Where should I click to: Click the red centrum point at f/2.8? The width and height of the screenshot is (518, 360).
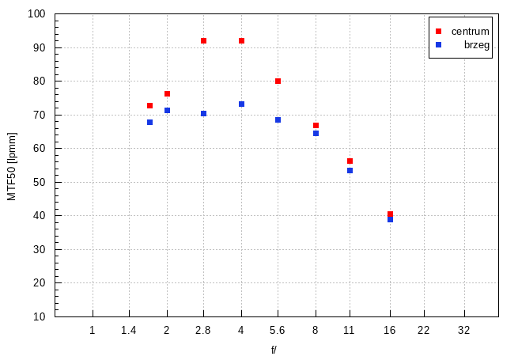coord(203,40)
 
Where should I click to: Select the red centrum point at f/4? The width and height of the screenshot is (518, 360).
coord(241,40)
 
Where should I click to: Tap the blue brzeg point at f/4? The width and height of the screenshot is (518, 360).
coord(241,104)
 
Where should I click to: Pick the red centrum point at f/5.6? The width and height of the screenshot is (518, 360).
coord(278,81)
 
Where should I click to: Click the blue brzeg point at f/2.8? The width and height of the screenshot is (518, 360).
coord(203,113)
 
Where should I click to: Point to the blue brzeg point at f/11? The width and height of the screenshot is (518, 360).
coord(350,170)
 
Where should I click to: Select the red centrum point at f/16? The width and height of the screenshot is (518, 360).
coord(390,214)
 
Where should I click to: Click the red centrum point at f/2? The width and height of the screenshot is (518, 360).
coord(167,93)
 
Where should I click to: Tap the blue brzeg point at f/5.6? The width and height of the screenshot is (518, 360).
coord(278,119)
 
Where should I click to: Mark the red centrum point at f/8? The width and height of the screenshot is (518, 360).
coord(316,125)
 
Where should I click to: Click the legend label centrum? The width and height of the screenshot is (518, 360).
coord(471,31)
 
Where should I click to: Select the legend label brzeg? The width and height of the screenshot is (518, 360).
coord(477,45)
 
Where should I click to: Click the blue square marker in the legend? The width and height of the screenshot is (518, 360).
coord(438,45)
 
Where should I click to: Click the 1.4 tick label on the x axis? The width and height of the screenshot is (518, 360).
coord(129,330)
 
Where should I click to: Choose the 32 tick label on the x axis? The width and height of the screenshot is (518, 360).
coord(463,330)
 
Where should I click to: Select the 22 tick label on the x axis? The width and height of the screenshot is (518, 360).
coord(423,330)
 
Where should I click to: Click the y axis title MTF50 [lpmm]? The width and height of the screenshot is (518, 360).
coord(12,165)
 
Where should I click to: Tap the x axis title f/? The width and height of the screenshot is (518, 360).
coord(274,349)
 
